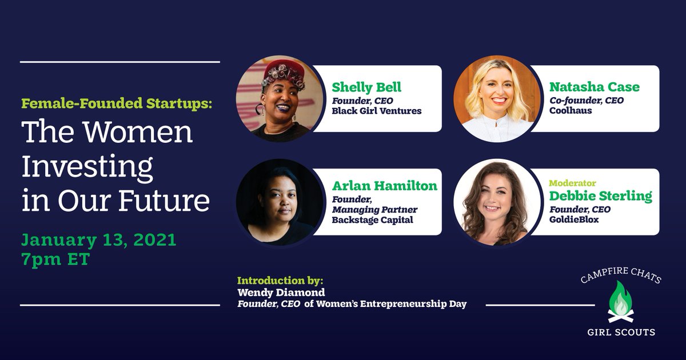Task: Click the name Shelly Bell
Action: (x=367, y=87)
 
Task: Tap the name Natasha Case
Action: (x=594, y=87)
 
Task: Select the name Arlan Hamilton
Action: (x=384, y=186)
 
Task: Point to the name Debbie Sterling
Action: (x=600, y=196)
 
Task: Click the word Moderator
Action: (x=572, y=183)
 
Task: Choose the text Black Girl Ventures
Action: (x=376, y=111)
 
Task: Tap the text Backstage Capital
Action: (x=372, y=220)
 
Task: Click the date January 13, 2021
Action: (x=99, y=240)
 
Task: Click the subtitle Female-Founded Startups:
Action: (x=116, y=104)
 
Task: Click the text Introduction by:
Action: (x=280, y=281)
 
